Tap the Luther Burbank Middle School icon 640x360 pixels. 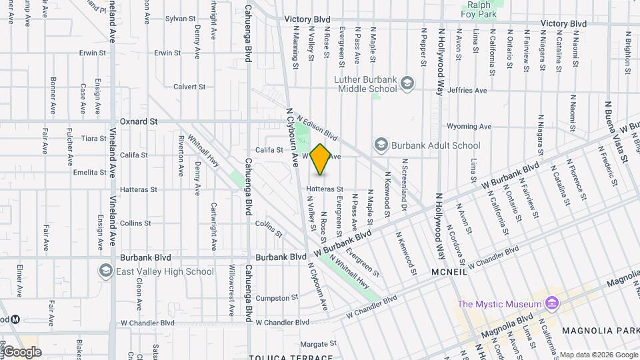(407, 83)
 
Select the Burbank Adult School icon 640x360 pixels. (381, 145)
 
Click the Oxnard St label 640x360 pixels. (139, 122)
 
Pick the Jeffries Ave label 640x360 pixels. (467, 90)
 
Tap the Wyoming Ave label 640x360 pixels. (469, 126)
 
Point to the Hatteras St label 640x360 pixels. (325, 189)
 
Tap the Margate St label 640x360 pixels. (315, 344)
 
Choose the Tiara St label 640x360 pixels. (93, 139)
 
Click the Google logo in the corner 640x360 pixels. (22, 352)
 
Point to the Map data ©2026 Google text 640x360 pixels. (598, 355)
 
